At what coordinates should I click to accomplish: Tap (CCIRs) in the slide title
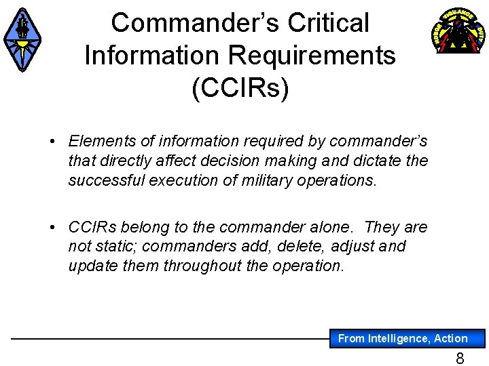pyautogui.click(x=240, y=87)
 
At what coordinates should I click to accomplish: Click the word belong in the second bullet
pyautogui.click(x=152, y=226)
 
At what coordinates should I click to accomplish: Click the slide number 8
pyautogui.click(x=460, y=359)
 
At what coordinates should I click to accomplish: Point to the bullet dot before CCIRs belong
pyautogui.click(x=53, y=227)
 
